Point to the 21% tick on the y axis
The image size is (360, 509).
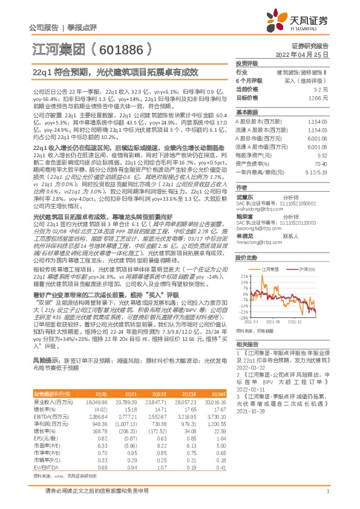tap(243, 276)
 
